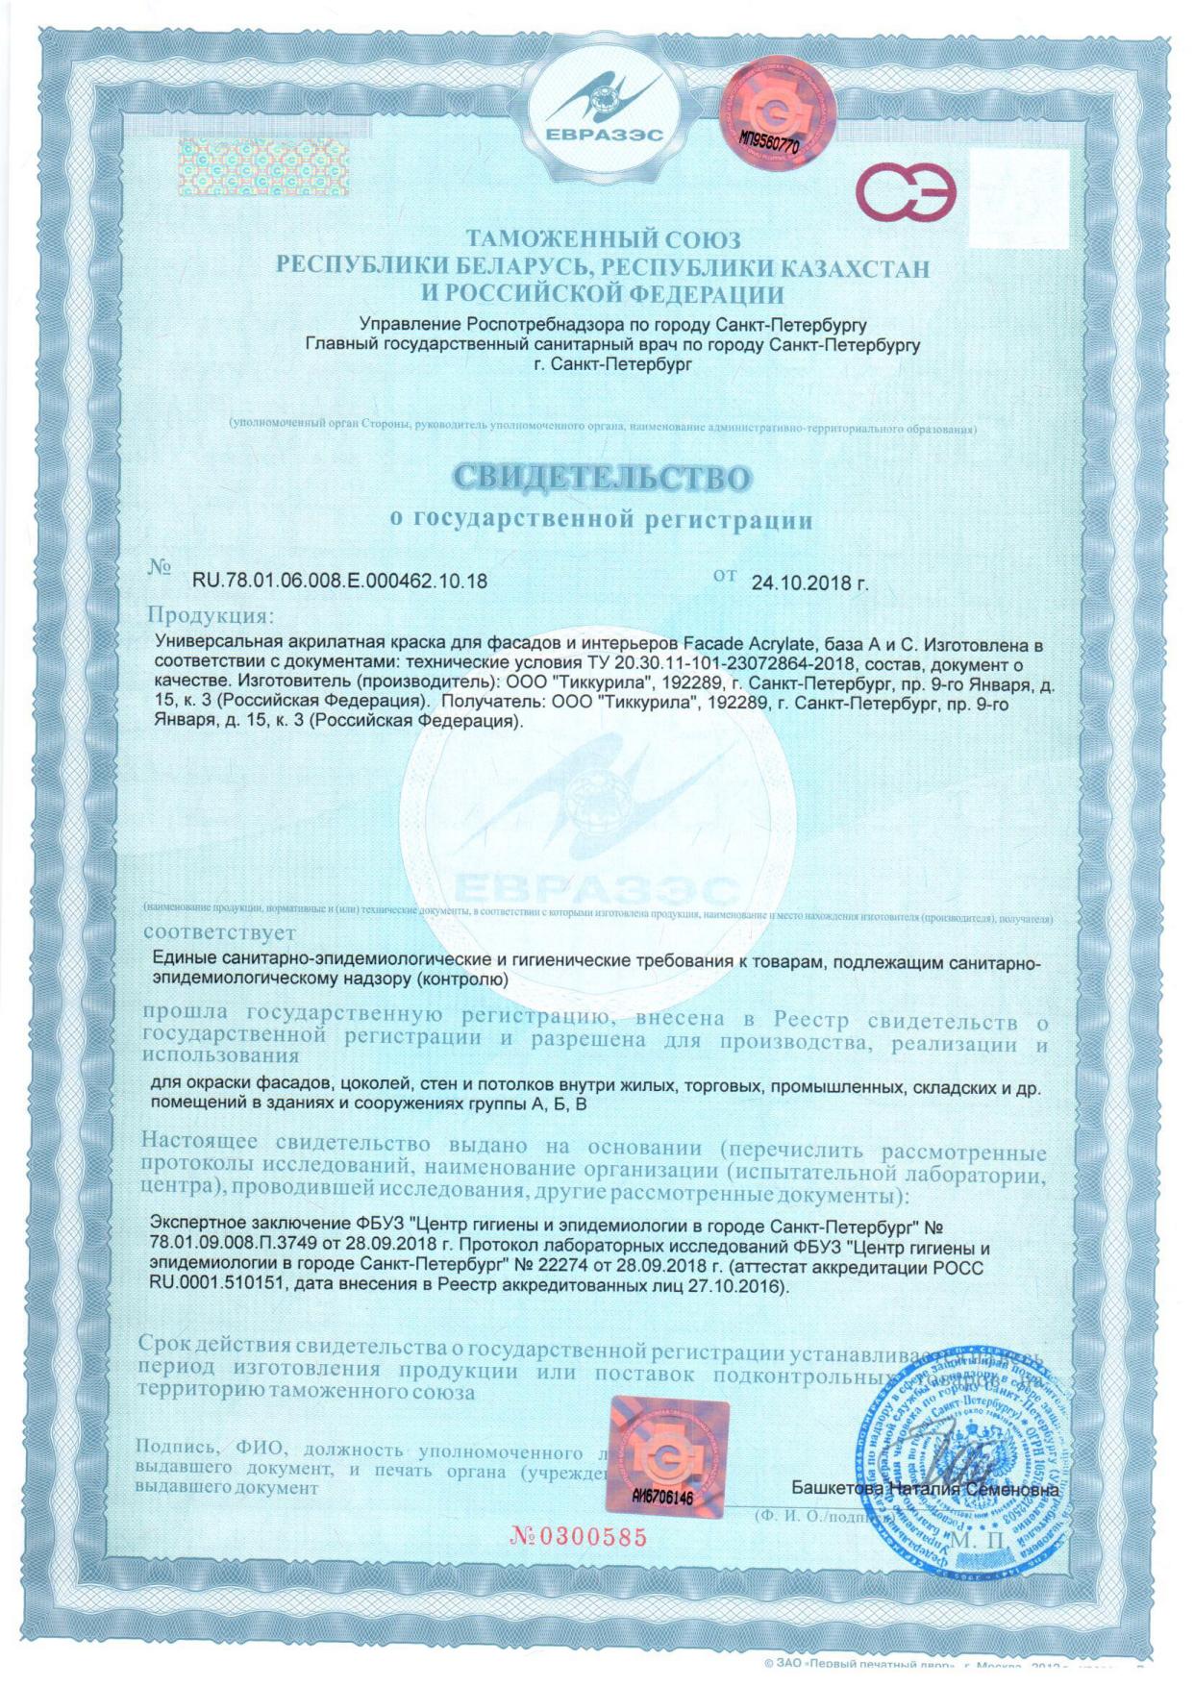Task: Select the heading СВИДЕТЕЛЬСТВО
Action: coord(602,478)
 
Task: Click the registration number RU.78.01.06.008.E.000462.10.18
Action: coord(339,581)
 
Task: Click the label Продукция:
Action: coord(210,614)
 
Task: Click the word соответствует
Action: coord(220,932)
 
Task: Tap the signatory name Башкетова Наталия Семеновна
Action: coord(925,1489)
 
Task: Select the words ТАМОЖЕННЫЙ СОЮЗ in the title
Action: coord(603,238)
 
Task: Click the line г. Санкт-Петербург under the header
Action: coord(611,364)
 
